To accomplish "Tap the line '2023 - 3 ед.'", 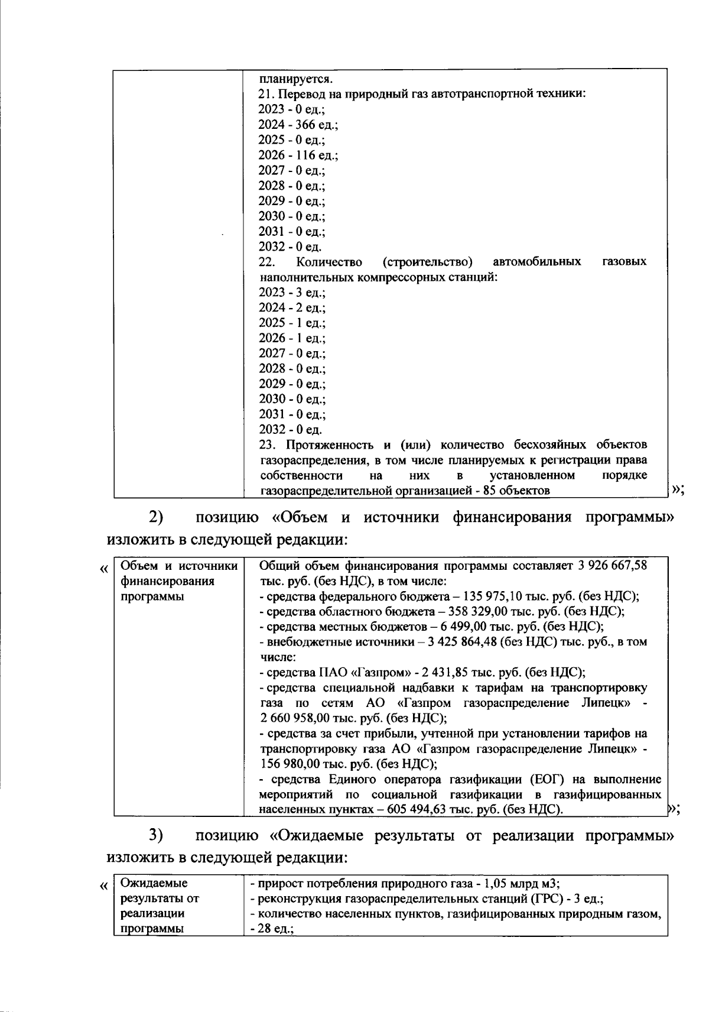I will (x=292, y=293).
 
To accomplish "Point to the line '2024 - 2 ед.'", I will (x=292, y=308).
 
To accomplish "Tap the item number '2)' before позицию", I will (x=155, y=517).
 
